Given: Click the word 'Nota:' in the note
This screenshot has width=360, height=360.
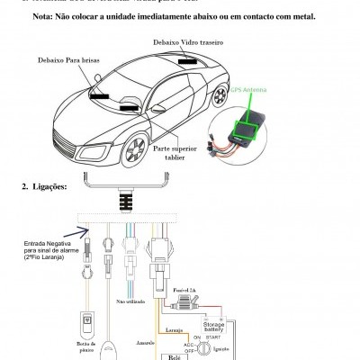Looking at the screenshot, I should pos(46,17).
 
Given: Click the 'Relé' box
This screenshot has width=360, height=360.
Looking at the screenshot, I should pos(175,355).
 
